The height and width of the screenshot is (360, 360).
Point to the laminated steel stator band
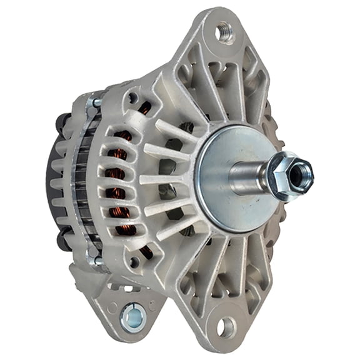coord(79,181)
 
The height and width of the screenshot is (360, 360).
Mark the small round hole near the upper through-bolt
coord(132,97)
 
